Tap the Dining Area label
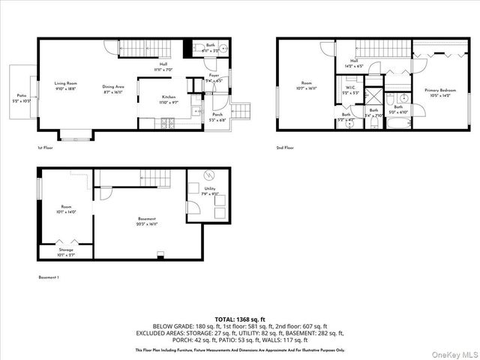[114, 87]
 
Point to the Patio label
[20, 96]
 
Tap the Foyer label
[214, 76]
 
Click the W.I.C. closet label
[349, 88]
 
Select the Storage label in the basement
[67, 253]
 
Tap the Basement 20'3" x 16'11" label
[146, 220]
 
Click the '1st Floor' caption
[45, 148]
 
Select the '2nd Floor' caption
[284, 148]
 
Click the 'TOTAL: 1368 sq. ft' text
[239, 319]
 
